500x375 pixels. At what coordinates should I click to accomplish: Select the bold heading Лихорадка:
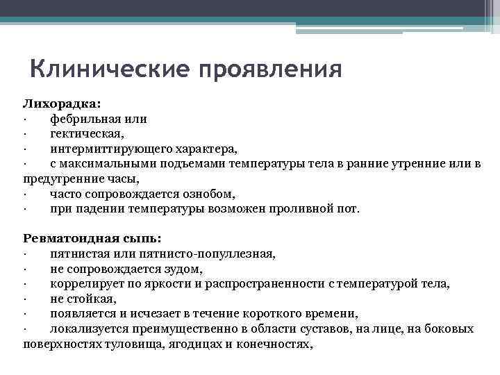[x=62, y=103]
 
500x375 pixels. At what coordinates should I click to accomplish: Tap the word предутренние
[x=62, y=178]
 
